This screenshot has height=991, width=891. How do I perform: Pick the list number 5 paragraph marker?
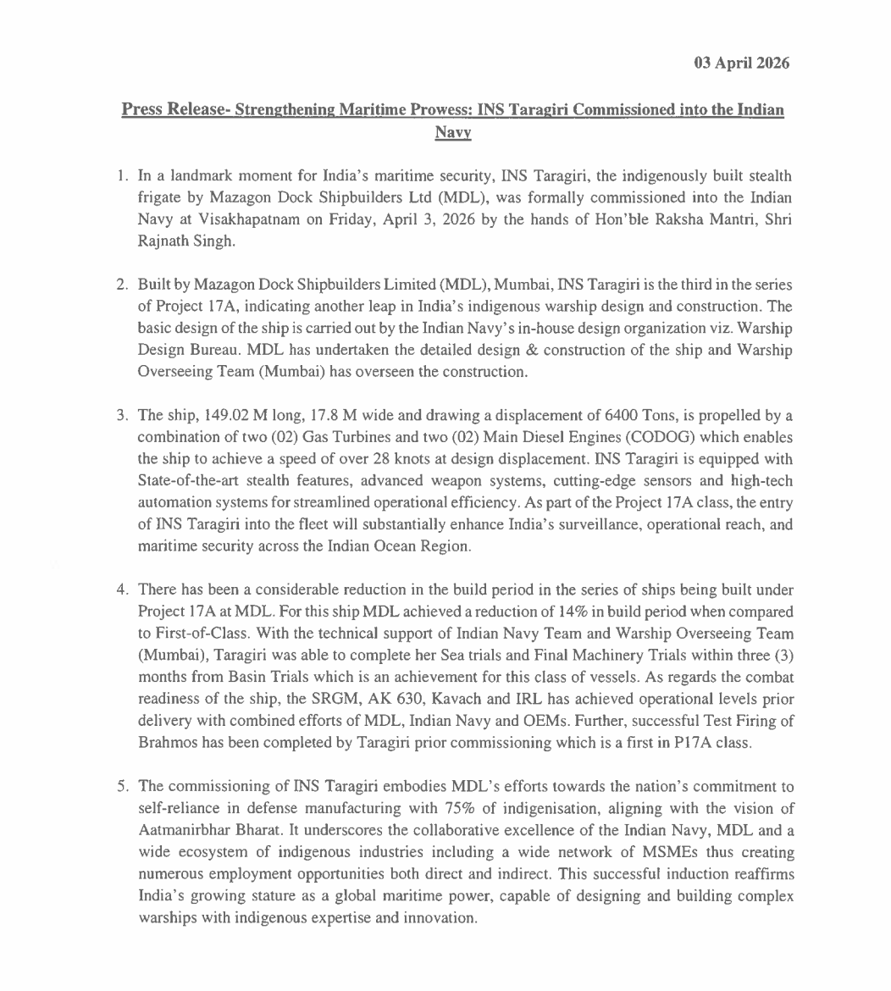tap(122, 787)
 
